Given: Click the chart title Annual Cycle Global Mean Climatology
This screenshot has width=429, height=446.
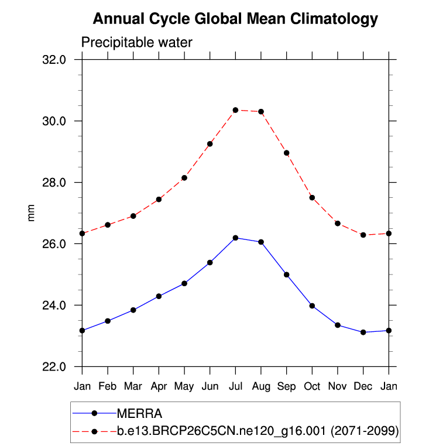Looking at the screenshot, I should point(235,19).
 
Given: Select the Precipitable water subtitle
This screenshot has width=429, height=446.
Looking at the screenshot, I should point(136,43).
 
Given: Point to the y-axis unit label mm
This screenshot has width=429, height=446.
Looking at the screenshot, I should point(32,213).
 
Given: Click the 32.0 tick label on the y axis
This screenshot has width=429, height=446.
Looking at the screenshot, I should point(61,60).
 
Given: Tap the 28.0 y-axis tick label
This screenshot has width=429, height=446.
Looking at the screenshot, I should point(61,183).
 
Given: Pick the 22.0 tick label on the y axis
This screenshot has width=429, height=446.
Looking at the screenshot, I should point(61,367).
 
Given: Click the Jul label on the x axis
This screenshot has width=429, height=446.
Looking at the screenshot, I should point(235,386).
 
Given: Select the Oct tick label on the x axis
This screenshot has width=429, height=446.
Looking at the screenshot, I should point(312,386).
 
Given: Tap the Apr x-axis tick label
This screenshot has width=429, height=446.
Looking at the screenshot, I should point(159,386).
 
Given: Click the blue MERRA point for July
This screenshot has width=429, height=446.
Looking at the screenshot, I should point(235,238).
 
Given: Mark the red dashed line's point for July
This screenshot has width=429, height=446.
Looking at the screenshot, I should point(235,110).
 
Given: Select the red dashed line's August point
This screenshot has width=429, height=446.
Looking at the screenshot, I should point(261,112).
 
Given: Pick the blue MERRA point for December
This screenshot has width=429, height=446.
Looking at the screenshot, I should point(363,332).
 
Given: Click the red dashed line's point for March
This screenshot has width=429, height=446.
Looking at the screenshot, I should point(133,216).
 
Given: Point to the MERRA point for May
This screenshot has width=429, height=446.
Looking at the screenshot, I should point(184,283).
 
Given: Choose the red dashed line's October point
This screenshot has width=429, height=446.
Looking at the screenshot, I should point(312,198).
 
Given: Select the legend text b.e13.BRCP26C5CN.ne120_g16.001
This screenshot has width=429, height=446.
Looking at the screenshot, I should point(220,431).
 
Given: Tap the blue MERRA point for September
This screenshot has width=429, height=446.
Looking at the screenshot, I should point(287,275).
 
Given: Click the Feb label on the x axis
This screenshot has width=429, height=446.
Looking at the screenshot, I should point(108,386).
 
